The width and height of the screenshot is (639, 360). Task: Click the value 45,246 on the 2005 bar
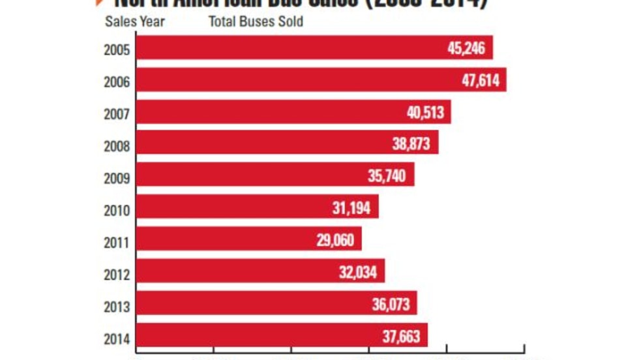pos(466,48)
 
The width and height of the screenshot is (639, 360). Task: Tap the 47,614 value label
pos(479,80)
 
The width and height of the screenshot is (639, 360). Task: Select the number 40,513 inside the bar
pos(425,112)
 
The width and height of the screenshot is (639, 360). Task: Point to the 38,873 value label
pos(411,144)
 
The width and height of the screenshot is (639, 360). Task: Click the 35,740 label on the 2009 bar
pos(387,176)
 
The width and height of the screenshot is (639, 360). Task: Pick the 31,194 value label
pos(351,208)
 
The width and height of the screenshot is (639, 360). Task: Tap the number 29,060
pos(335,240)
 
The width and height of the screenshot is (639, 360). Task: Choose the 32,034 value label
pos(358,272)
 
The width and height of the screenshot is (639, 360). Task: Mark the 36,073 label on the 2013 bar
pos(390,304)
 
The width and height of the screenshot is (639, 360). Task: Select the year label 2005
pos(117,50)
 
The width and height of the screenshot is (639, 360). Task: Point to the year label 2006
pos(117,82)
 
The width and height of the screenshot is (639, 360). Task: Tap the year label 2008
pos(117,146)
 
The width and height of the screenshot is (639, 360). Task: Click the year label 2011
pos(117,243)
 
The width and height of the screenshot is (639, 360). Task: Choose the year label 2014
pos(117,338)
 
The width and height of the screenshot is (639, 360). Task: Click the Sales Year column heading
pos(135,21)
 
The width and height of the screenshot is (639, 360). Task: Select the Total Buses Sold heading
pos(256,21)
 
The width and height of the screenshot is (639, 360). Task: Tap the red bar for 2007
pos(261,112)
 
